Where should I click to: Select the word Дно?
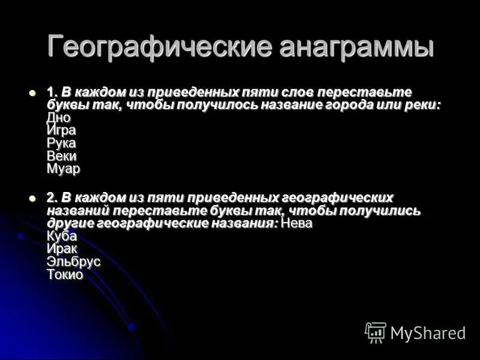(58, 118)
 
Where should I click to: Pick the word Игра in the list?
(61, 130)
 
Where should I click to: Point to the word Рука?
(61, 143)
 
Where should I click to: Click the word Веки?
(61, 156)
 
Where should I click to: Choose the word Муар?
(63, 169)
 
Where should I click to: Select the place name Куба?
(61, 236)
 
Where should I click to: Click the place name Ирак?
(62, 248)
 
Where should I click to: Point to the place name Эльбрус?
(73, 262)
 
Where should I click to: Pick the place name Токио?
(64, 275)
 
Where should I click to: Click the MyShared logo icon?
(376, 332)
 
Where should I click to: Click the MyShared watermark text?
(428, 333)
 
